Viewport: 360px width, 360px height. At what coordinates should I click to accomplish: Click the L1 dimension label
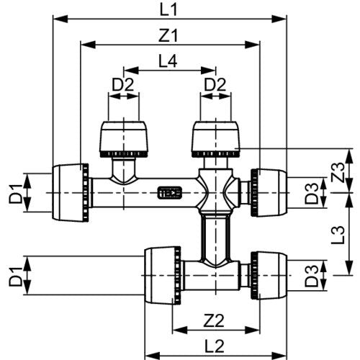[168, 9]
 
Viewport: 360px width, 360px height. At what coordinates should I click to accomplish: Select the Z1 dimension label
[168, 36]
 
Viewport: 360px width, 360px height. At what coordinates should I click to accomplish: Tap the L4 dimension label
[168, 61]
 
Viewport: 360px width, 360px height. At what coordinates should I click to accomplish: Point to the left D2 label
[123, 84]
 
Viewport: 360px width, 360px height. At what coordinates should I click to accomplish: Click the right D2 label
[215, 84]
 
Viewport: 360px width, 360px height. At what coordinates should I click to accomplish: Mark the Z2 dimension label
[214, 321]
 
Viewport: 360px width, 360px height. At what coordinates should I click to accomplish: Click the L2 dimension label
[215, 346]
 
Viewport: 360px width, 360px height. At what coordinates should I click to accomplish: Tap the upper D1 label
[15, 194]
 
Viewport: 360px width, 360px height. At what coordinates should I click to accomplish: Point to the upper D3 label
[312, 194]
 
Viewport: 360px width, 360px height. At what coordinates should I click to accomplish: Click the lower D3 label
[312, 276]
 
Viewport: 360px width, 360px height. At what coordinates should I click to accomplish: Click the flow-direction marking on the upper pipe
[170, 193]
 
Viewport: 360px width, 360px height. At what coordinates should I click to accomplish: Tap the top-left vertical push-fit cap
[124, 140]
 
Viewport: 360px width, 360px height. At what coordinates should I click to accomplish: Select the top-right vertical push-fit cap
[215, 140]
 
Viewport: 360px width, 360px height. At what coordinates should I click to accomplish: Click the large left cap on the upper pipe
[71, 193]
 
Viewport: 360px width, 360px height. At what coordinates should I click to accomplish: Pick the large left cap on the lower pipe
[163, 275]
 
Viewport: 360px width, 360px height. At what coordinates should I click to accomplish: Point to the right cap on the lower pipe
[269, 275]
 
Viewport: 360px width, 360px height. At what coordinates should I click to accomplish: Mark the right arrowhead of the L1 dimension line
[279, 19]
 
